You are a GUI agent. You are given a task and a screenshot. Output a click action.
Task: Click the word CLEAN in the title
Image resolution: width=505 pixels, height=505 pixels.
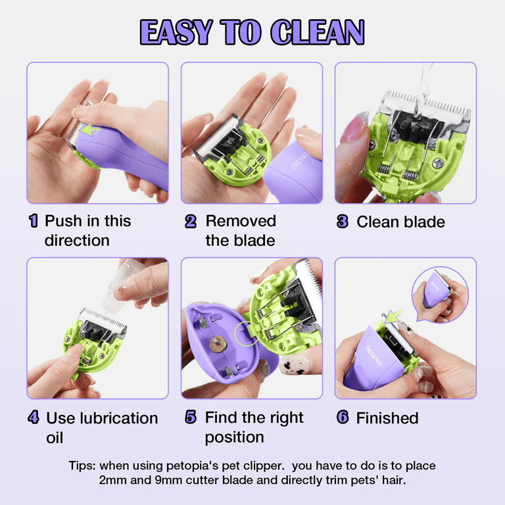point(317,32)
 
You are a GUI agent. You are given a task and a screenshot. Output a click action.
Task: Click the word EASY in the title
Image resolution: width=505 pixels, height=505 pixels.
point(176,32)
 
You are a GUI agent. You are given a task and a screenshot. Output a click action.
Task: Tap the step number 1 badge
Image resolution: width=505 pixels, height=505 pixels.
point(33,221)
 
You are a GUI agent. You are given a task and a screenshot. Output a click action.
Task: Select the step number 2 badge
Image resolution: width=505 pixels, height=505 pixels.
point(191,221)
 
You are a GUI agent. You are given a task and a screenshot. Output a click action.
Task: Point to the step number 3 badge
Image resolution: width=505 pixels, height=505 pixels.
point(343,221)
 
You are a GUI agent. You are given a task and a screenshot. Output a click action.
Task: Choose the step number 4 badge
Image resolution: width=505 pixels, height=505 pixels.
point(34,417)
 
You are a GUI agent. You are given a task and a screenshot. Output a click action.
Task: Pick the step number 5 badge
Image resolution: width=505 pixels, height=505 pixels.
point(191,417)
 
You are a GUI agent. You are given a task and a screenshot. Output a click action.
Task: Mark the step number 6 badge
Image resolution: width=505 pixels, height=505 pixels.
point(343,417)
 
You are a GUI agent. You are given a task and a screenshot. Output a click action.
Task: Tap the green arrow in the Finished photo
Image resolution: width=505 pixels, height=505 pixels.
point(393,316)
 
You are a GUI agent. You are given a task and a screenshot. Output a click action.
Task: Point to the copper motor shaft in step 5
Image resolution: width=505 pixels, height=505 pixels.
point(218,345)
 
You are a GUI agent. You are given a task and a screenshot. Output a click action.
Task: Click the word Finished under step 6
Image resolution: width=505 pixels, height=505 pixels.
point(387,418)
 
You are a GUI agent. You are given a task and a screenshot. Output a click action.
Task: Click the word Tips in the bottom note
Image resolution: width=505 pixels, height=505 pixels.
point(82,466)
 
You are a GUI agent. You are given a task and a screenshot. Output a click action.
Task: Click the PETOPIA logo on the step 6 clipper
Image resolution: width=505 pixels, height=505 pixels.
point(373,356)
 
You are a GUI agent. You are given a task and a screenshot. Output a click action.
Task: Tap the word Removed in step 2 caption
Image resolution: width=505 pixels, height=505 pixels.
point(241,221)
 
